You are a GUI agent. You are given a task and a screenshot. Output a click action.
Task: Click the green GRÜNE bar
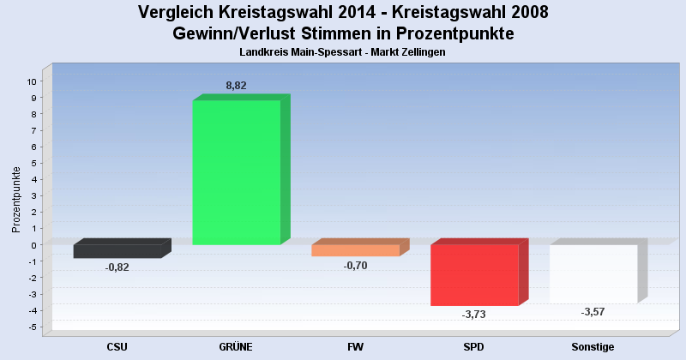[236, 171]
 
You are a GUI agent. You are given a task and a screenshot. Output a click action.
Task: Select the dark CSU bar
[117, 251]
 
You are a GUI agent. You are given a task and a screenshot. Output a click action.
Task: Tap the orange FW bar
[355, 250]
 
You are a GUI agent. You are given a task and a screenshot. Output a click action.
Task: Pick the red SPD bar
[474, 274]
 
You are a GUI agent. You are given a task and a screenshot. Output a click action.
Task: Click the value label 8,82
[237, 86]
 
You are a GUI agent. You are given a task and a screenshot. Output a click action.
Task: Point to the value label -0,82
[117, 267]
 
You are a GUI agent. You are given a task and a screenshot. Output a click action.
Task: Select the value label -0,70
[355, 266]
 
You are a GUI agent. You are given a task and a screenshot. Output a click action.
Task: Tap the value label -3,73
[473, 315]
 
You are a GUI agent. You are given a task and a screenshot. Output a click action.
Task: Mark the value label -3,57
[593, 311]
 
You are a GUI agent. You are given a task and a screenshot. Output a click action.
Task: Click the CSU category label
[117, 346]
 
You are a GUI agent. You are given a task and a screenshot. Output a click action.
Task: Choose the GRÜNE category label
[236, 346]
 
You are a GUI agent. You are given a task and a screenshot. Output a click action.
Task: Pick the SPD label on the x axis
[474, 346]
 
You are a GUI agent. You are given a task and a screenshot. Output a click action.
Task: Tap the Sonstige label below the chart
[593, 346]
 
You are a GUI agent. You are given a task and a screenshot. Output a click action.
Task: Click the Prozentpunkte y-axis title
[15, 200]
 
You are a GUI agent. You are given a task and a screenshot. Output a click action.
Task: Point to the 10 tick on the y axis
[32, 81]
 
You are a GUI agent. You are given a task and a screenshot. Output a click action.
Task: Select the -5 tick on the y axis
[33, 327]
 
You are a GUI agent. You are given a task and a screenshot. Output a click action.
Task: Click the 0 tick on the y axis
[34, 245]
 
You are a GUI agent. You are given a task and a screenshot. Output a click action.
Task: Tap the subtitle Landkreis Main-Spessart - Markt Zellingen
[343, 52]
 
